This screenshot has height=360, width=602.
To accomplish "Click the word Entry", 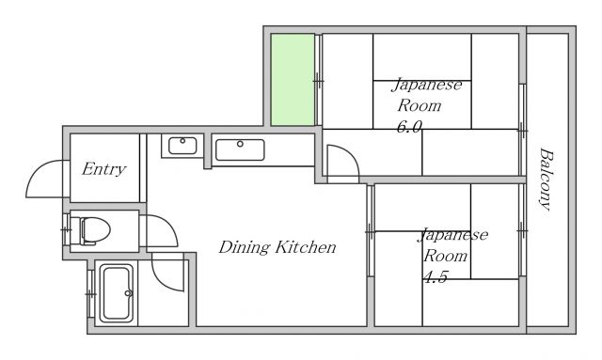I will pyautogui.click(x=103, y=169).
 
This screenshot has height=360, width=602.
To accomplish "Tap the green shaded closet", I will pyautogui.click(x=293, y=80).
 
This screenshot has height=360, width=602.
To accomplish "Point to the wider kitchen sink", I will pyautogui.click(x=240, y=149).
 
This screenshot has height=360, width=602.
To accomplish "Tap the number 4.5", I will pyautogui.click(x=435, y=276).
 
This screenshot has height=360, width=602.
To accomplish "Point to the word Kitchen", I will pyautogui.click(x=307, y=248).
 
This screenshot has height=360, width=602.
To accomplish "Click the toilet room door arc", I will pyautogui.click(x=156, y=231).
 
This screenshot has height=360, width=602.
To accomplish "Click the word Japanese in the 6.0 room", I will pyautogui.click(x=427, y=85).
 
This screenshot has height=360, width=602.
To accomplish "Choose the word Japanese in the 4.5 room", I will pyautogui.click(x=453, y=234).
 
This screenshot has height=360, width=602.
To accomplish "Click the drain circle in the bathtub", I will pyautogui.click(x=128, y=292).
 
